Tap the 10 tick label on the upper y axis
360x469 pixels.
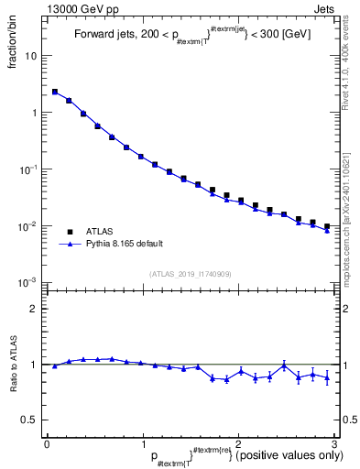30,56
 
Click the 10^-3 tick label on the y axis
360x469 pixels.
30,282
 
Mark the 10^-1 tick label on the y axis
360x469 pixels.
30,169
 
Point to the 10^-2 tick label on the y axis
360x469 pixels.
30,226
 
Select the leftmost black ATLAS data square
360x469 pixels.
55,92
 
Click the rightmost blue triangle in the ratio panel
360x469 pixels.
327,377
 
